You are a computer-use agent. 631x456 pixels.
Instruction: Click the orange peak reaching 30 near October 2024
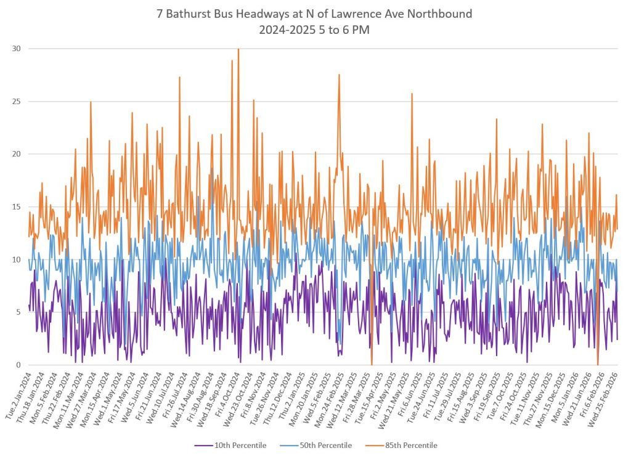238,50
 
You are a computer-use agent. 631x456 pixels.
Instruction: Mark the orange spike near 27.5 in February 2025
339,75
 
